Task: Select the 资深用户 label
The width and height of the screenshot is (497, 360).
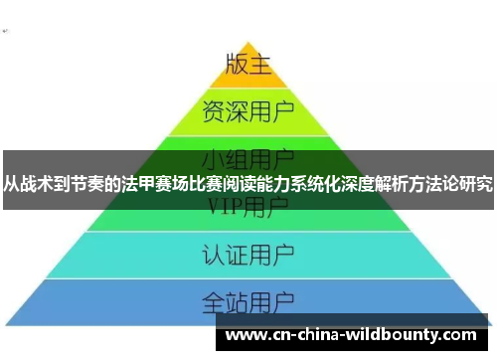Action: pos(248,108)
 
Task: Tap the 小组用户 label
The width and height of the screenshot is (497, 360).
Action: pos(248,158)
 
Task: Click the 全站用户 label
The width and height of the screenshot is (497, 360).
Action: pos(248,299)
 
